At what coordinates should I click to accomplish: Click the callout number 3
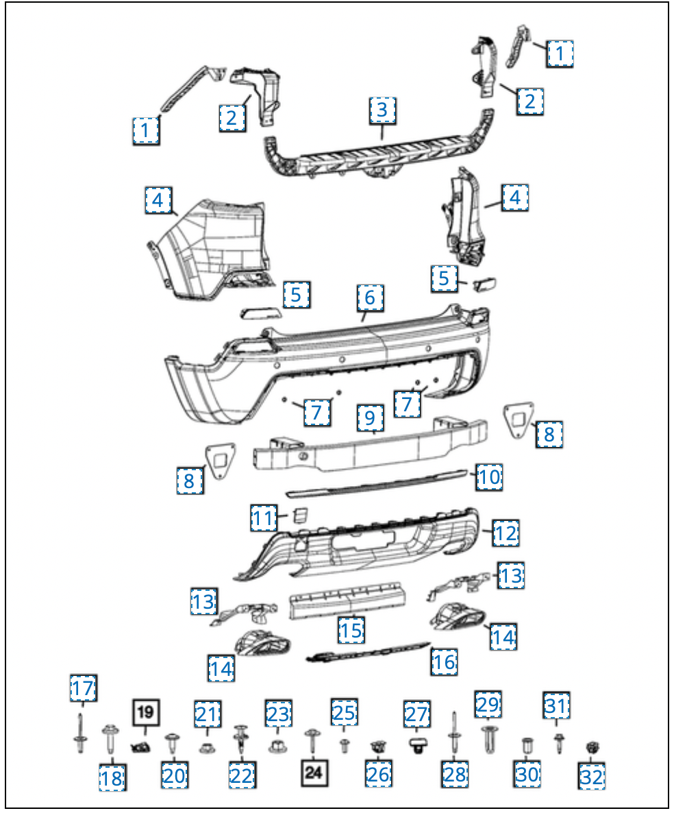coord(382,110)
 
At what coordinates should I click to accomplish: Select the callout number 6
coord(370,298)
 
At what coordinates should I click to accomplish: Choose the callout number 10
coord(489,476)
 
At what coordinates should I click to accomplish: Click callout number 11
coord(262,518)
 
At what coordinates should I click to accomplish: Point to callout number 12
coord(505,533)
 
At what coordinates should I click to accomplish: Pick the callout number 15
coord(351,629)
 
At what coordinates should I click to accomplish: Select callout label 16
coord(445,662)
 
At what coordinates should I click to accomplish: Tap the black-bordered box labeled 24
coord(313,773)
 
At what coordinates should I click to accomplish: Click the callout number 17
coord(84,687)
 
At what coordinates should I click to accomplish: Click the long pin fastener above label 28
coord(453,735)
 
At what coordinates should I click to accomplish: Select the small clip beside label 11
coord(299,515)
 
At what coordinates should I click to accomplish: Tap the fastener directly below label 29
coord(488,740)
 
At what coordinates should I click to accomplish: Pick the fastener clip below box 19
coord(141,745)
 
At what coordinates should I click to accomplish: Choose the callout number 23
coord(279,714)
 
